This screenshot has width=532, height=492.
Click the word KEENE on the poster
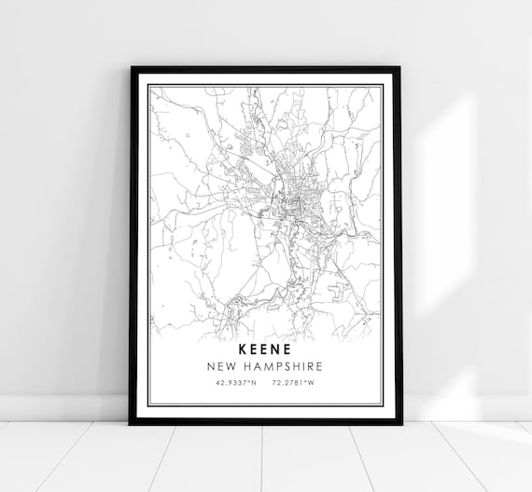pyautogui.click(x=266, y=348)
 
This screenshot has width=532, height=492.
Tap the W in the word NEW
pyautogui.click(x=235, y=365)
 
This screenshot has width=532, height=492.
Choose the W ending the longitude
pyautogui.click(x=313, y=383)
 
